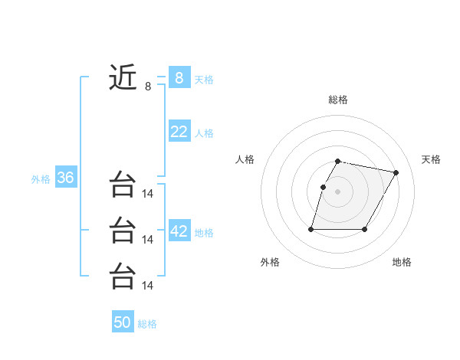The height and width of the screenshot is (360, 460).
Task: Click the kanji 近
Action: tap(123, 77)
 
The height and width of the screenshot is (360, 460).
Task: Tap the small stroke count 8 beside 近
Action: tap(148, 87)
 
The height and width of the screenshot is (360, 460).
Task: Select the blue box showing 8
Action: tap(179, 77)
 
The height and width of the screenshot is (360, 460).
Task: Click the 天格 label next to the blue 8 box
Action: tap(204, 79)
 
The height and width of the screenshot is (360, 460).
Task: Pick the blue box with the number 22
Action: tap(179, 132)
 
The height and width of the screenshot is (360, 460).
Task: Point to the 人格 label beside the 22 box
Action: tap(204, 133)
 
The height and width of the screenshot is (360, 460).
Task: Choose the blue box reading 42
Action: tap(179, 231)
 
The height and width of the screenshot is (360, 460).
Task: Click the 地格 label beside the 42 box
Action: tap(204, 233)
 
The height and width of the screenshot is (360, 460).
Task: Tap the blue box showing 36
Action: tap(65, 178)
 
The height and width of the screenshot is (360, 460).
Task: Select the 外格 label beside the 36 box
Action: tap(41, 179)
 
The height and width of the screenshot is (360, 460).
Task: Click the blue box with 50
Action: tap(122, 322)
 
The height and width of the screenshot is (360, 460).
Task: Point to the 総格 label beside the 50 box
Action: tap(147, 324)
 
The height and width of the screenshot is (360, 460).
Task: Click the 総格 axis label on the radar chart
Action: tap(338, 100)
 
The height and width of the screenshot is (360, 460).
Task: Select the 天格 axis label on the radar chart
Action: tap(432, 159)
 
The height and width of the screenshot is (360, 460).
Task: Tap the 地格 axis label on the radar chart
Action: tap(402, 262)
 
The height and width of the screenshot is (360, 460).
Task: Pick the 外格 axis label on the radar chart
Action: tap(270, 262)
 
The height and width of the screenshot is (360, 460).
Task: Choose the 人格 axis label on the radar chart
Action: tap(245, 159)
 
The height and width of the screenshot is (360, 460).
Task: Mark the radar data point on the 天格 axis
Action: tap(396, 173)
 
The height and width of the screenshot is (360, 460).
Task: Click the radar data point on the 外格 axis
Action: tap(311, 229)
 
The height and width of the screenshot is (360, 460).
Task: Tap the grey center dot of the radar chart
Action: tap(338, 191)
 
